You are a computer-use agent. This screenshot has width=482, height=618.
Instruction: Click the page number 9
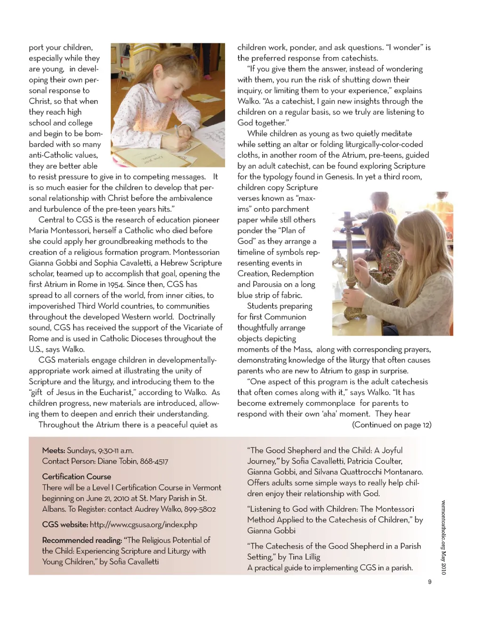(x=429, y=582)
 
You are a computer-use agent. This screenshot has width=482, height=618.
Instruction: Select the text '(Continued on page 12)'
(x=392, y=425)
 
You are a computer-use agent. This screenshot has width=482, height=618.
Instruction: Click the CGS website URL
(x=143, y=525)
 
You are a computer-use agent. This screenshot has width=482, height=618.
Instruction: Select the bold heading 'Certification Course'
(x=77, y=476)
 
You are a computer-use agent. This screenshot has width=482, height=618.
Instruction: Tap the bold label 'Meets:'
(x=53, y=451)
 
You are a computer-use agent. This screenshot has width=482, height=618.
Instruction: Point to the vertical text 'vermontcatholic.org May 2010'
(x=443, y=536)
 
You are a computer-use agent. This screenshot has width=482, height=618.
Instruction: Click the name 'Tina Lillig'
(x=304, y=557)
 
